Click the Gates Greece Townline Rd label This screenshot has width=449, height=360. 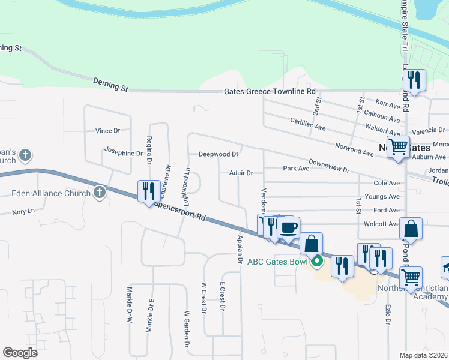click(270, 92)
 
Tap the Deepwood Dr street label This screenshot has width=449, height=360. click(218, 154)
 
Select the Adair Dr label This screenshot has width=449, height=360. click(241, 173)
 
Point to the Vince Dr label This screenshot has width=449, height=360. click(108, 130)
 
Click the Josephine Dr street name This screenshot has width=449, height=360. click(124, 152)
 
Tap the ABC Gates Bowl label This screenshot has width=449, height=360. click(280, 261)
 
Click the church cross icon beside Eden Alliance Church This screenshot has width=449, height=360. click(100, 193)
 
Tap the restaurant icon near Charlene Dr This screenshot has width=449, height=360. click(146, 191)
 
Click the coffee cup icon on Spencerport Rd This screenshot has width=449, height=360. click(289, 227)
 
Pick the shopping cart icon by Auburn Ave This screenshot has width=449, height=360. click(397, 146)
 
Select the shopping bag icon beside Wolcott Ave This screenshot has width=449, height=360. click(411, 229)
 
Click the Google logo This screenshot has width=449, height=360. click(20, 353)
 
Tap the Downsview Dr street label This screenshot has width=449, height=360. click(329, 166)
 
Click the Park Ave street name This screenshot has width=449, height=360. click(296, 169)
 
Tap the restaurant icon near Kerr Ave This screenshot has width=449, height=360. click(414, 79)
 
